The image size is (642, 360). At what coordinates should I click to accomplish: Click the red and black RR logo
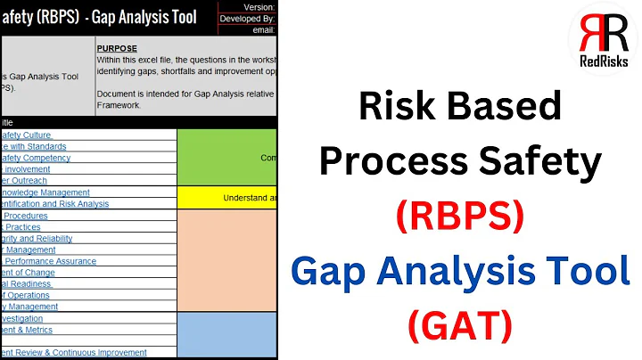604,34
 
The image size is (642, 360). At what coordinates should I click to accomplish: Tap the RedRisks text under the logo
604,61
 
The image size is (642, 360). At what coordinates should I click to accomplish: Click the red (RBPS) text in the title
460,216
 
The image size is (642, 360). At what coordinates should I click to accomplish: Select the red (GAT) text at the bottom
460,326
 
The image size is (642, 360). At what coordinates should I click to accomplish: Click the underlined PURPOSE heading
117,49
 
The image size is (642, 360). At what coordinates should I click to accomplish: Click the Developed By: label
247,17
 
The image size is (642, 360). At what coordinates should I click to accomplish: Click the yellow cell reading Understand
227,197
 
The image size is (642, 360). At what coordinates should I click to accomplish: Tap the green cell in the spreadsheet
227,157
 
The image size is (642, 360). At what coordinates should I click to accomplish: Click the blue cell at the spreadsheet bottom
227,334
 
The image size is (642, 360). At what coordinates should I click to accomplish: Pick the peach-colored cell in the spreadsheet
227,259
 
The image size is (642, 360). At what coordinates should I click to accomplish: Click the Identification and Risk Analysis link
54,203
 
